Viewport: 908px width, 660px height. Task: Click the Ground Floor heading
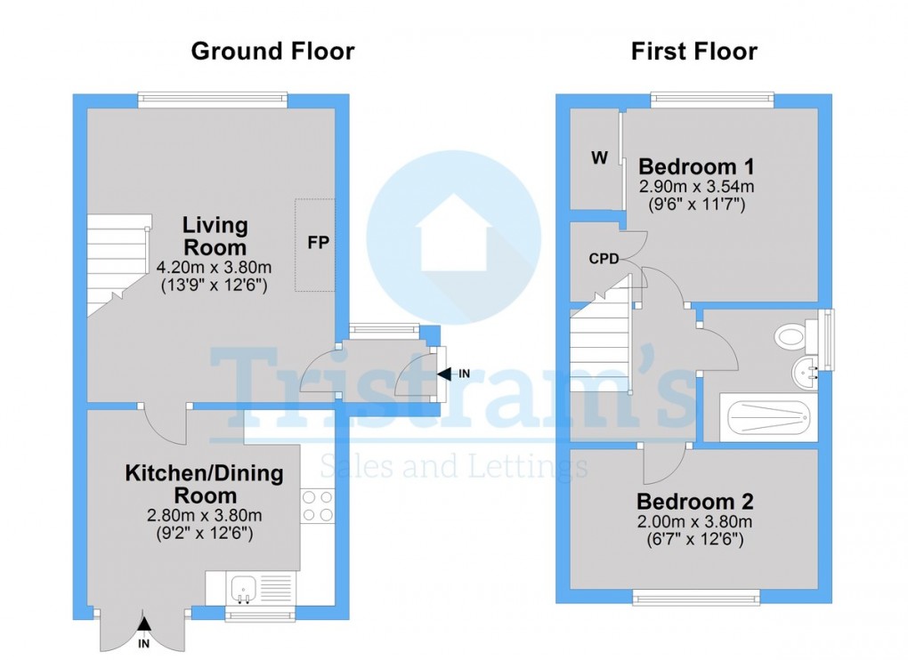pyautogui.click(x=272, y=52)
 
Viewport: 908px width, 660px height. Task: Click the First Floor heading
pyautogui.click(x=693, y=52)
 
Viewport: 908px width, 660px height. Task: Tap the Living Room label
pyautogui.click(x=215, y=236)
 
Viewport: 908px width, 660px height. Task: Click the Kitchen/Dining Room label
pyautogui.click(x=204, y=484)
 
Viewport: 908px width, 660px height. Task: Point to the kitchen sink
pyautogui.click(x=244, y=588)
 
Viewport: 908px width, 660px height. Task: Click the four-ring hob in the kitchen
pyautogui.click(x=318, y=506)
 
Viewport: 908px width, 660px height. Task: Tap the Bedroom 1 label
pyautogui.click(x=696, y=166)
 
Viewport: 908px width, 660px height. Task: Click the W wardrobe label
pyautogui.click(x=599, y=158)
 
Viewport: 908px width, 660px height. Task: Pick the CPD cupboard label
pyautogui.click(x=603, y=259)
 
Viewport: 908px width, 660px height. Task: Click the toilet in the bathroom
pyautogui.click(x=792, y=336)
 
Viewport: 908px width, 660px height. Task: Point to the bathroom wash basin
pyautogui.click(x=804, y=371)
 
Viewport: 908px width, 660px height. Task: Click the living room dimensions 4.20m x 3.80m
pyautogui.click(x=214, y=267)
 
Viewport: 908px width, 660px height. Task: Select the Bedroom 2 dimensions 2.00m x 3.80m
pyautogui.click(x=694, y=521)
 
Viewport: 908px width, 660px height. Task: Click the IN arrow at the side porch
pyautogui.click(x=444, y=374)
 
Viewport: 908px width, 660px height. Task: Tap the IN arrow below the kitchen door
pyautogui.click(x=143, y=633)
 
